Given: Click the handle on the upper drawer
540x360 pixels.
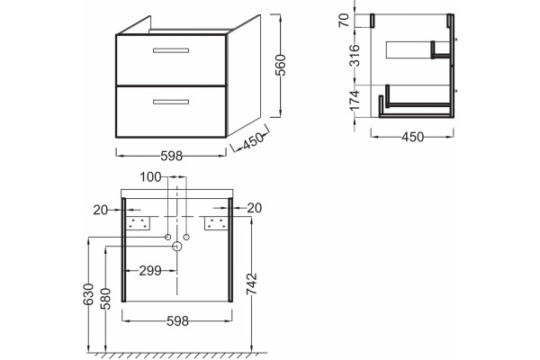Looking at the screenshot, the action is [x=171, y=50].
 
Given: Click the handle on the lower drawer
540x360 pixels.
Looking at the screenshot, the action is [x=171, y=102].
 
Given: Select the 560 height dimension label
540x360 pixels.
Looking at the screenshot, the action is [x=281, y=65].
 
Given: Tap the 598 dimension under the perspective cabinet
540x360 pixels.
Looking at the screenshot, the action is [x=172, y=156].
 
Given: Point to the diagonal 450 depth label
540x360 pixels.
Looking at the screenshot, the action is [x=253, y=141].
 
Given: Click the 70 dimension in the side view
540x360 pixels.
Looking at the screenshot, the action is [x=345, y=21].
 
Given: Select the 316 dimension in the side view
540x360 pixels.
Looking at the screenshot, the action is [x=355, y=55].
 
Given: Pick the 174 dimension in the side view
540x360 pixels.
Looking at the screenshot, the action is [x=355, y=101].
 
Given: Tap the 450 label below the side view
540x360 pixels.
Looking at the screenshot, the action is [x=412, y=137].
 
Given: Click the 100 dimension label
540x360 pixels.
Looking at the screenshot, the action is [x=150, y=177].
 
